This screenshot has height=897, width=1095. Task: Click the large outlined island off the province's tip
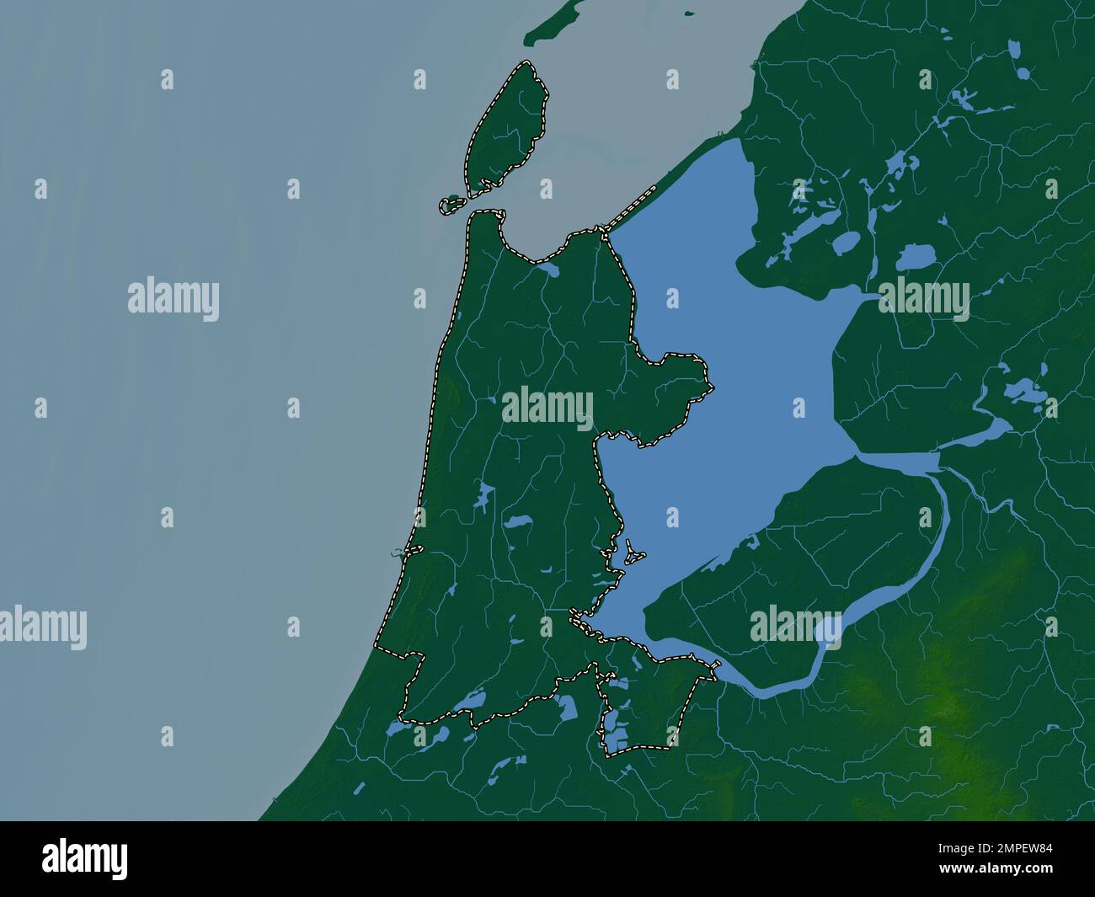[505, 126]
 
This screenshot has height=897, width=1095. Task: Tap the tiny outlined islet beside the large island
[453, 204]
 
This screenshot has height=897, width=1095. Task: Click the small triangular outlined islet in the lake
[631, 555]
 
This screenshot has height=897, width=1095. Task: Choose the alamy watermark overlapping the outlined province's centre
[547, 408]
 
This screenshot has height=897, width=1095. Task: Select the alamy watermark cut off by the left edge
[42, 627]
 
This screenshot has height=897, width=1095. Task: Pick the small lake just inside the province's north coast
[547, 270]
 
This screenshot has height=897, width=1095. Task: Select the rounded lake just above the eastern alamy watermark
[913, 256]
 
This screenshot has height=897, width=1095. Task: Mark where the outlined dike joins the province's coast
[600, 229]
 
